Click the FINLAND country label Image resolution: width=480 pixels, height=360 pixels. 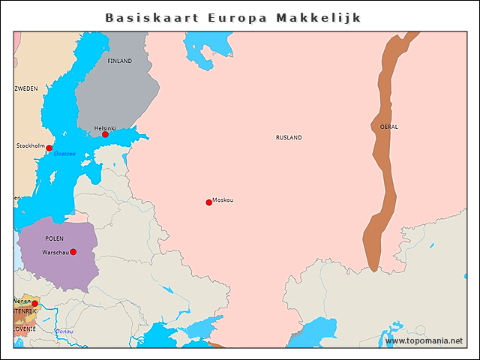(x=119, y=61)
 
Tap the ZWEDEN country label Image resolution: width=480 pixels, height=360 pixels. (x=26, y=88)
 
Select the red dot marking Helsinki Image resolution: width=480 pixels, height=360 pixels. (x=106, y=134)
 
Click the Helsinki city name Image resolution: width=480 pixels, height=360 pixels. (x=104, y=128)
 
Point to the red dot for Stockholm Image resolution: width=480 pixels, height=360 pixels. (x=49, y=148)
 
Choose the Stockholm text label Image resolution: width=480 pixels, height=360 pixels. (x=31, y=145)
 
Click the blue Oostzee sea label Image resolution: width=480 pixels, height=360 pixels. (x=64, y=154)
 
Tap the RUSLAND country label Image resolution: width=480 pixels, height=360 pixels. (x=289, y=137)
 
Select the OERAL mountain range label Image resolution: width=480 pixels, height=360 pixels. (x=389, y=127)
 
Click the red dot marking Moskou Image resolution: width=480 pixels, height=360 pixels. (x=208, y=202)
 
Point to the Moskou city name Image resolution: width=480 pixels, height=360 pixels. (x=223, y=200)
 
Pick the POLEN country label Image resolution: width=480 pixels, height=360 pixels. (x=55, y=238)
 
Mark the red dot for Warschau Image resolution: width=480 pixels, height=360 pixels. (x=73, y=252)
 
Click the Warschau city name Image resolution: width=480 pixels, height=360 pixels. (x=55, y=252)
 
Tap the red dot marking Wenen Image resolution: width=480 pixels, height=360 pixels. (x=34, y=304)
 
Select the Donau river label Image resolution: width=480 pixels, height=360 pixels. (x=64, y=331)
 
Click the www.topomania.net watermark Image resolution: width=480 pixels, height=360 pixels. (x=424, y=341)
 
